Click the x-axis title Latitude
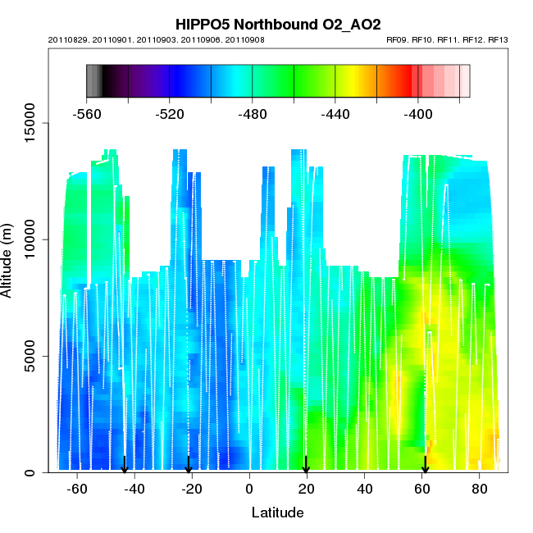(277, 512)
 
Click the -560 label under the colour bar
(87, 114)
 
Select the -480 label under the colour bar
(253, 114)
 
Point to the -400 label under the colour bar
(418, 114)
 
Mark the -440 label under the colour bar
(335, 114)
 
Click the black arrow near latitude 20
(306, 464)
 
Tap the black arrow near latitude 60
(425, 464)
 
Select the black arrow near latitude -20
(189, 464)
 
